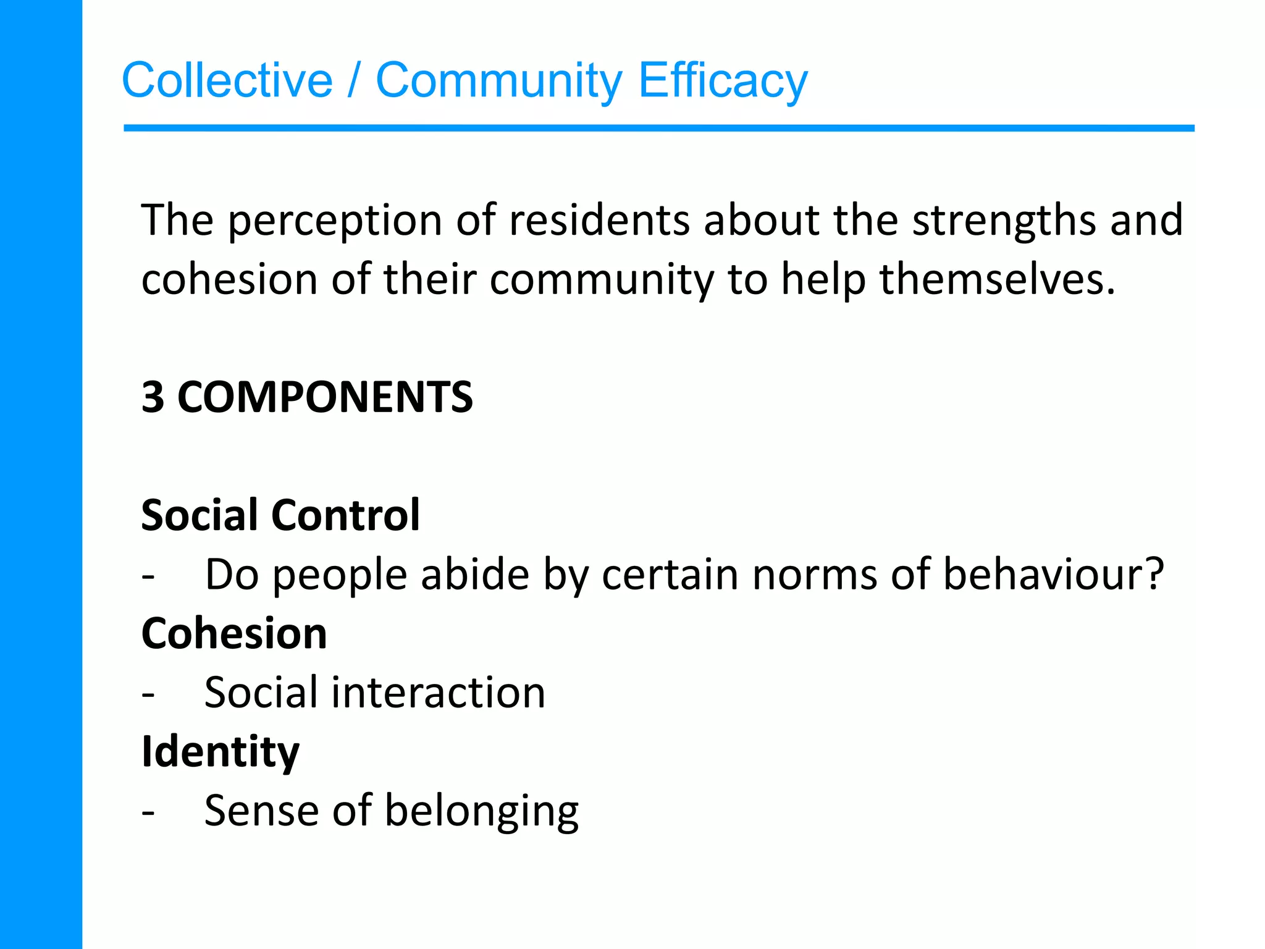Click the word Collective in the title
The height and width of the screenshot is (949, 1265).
[227, 80]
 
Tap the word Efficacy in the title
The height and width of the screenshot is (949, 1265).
[723, 80]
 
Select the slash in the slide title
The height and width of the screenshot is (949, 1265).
[353, 80]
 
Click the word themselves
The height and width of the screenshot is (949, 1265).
[997, 279]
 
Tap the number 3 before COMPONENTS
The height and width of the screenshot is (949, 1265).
[153, 397]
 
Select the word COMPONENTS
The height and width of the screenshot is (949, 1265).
[325, 397]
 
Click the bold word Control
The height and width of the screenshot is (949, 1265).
[346, 515]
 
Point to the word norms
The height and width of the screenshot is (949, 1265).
[815, 575]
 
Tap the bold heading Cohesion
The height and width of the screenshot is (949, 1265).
[234, 633]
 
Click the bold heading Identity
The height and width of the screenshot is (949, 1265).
[221, 753]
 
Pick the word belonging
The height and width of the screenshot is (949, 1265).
[482, 812]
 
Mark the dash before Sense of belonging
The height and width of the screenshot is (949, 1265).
[148, 812]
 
